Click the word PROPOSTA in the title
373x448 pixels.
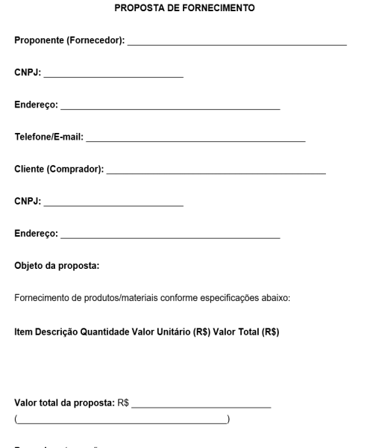[x=137, y=9]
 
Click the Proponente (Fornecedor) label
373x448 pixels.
[x=69, y=40]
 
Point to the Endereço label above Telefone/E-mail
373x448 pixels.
[x=36, y=105]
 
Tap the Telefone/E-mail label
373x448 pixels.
[x=49, y=137]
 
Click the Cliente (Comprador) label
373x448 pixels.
[x=59, y=169]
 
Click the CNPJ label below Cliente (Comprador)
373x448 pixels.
[x=28, y=202]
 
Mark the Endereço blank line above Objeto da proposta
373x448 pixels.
[x=170, y=237]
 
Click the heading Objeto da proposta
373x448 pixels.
[x=57, y=266]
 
